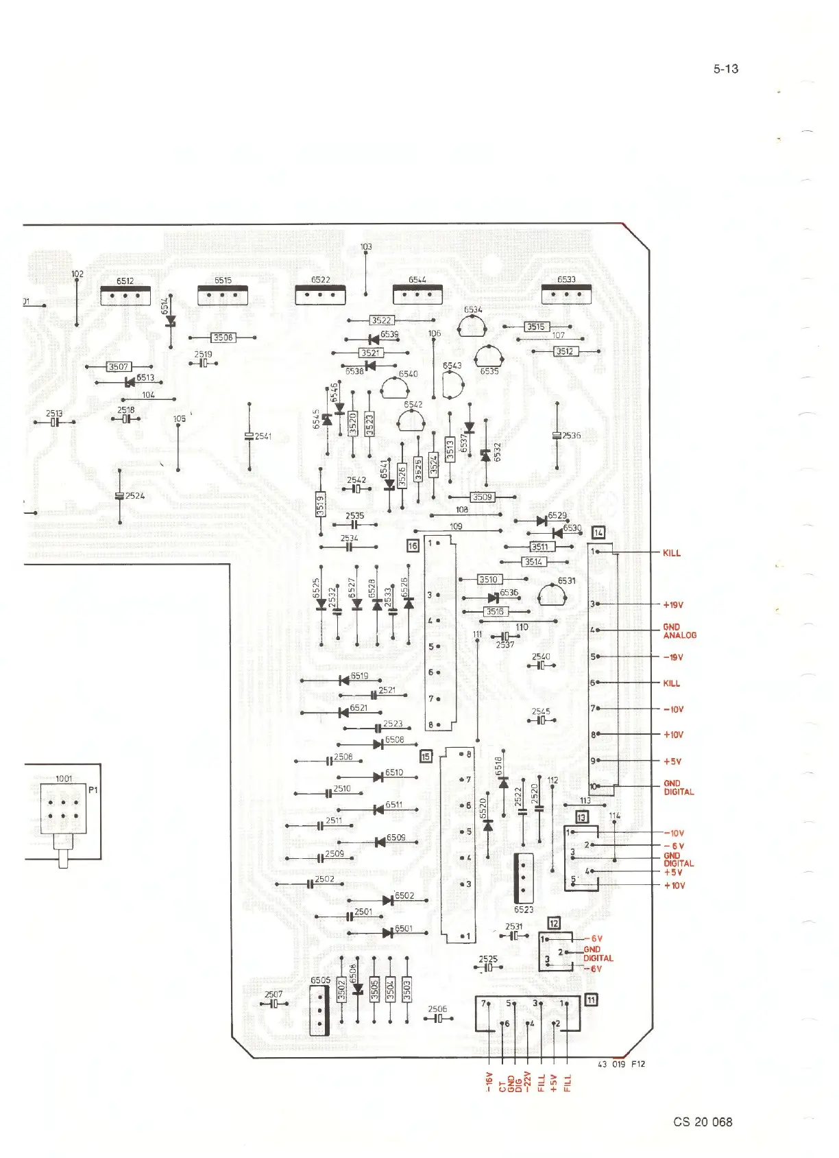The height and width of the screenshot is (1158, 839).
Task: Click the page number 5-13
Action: point(725,69)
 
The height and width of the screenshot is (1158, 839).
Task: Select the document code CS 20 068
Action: point(703,1122)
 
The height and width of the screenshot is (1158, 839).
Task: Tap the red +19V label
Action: point(673,606)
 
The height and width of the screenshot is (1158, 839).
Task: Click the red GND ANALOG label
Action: point(679,631)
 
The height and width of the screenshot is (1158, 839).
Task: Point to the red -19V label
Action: point(673,657)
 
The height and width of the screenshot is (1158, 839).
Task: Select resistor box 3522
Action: point(381,320)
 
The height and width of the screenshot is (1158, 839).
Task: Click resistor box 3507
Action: point(119,367)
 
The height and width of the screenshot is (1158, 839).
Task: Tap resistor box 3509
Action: point(482,497)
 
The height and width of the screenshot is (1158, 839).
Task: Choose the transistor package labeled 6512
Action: point(125,296)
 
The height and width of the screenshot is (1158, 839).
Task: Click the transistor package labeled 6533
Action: point(566,294)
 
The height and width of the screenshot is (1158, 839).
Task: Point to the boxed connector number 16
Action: point(413,546)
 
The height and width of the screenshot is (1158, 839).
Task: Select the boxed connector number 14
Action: point(598,532)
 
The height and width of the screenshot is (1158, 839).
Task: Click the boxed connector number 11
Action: point(590,1000)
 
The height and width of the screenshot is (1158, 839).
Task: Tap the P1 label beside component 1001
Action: point(94,790)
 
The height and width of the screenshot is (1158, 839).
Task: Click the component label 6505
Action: point(320,980)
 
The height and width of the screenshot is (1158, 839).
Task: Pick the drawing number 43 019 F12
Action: point(622,1064)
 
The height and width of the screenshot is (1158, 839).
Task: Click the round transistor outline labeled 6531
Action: point(552,595)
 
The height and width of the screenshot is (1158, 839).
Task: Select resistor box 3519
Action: point(320,505)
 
